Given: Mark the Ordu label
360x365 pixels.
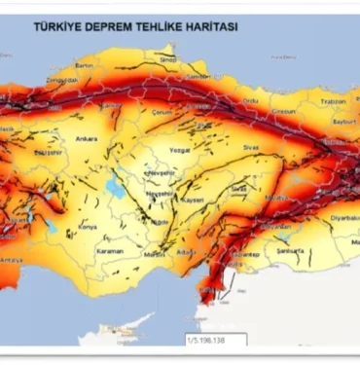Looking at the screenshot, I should click(251, 99).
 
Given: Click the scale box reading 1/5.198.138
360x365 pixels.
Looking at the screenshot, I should click(214, 341).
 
